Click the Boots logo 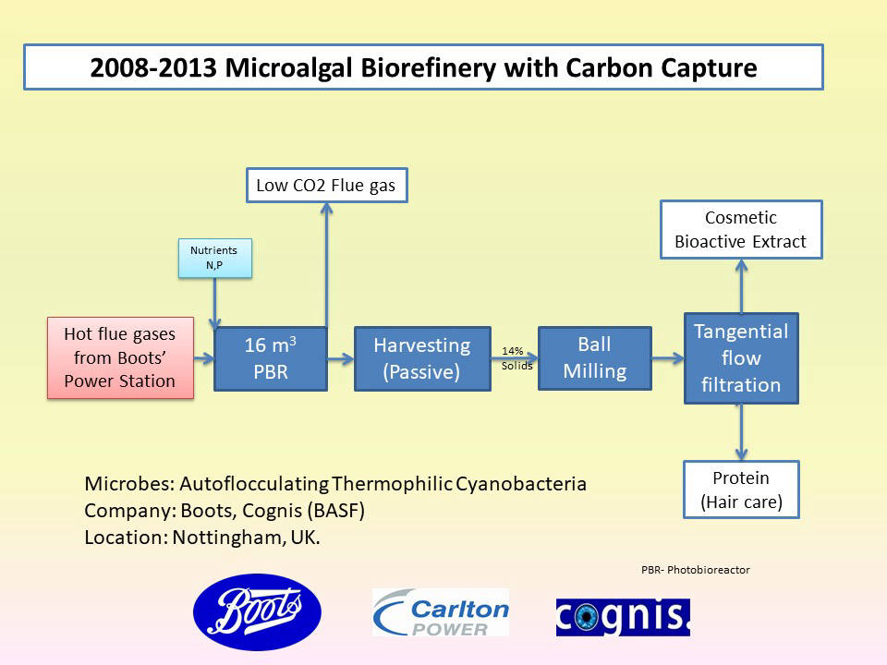pyautogui.click(x=258, y=611)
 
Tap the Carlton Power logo pyautogui.click(x=441, y=612)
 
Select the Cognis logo pyautogui.click(x=623, y=617)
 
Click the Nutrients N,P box pyautogui.click(x=215, y=258)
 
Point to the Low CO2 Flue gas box pyautogui.click(x=327, y=185)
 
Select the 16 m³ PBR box pyautogui.click(x=271, y=358)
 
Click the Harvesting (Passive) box pyautogui.click(x=422, y=358)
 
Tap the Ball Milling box pyautogui.click(x=594, y=358)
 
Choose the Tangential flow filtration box pyautogui.click(x=741, y=358)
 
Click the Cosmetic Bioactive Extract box pyautogui.click(x=741, y=230)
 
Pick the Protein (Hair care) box pyautogui.click(x=741, y=490)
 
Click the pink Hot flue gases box pyautogui.click(x=120, y=358)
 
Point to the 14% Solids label pyautogui.click(x=516, y=358)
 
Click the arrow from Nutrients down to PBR pyautogui.click(x=215, y=303)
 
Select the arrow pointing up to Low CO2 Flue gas pyautogui.click(x=326, y=265)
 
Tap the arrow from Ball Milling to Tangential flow pyautogui.click(x=667, y=358)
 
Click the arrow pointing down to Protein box pyautogui.click(x=741, y=432)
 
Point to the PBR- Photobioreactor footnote pyautogui.click(x=695, y=570)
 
